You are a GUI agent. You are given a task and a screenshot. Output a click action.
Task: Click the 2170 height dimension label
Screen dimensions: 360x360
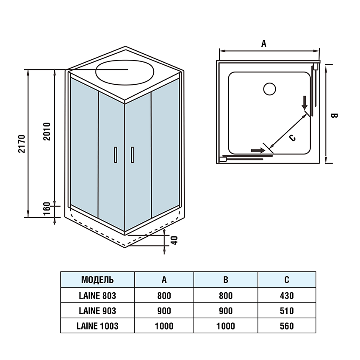click(22, 144)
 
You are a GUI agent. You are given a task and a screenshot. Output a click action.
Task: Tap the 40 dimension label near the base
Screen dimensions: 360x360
click(174, 240)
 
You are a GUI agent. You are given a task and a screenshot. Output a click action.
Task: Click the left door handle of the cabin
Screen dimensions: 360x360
click(115, 155)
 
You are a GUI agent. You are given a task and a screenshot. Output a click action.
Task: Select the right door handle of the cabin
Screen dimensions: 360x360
click(133, 155)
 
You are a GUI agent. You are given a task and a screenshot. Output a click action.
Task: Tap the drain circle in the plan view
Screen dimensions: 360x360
click(269, 89)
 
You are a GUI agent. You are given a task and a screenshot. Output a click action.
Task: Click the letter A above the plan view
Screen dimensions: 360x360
click(263, 44)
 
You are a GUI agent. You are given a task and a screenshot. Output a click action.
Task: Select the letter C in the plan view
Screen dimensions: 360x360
click(292, 138)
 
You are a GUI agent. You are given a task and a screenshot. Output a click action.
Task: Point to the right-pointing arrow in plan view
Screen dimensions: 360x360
click(256, 150)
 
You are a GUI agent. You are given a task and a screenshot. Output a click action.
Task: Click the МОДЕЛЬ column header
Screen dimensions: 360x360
click(97, 280)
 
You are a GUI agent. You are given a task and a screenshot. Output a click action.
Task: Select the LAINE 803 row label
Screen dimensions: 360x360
click(97, 295)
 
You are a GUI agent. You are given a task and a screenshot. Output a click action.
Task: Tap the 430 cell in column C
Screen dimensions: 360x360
click(287, 295)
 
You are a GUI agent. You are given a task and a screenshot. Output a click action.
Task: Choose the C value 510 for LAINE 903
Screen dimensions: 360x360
click(287, 311)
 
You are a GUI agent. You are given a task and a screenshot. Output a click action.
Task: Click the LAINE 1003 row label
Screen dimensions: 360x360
click(97, 326)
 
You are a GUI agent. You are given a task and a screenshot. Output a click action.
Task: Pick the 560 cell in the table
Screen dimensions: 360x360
click(287, 326)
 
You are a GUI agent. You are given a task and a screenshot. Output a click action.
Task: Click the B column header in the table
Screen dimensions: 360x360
click(226, 280)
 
